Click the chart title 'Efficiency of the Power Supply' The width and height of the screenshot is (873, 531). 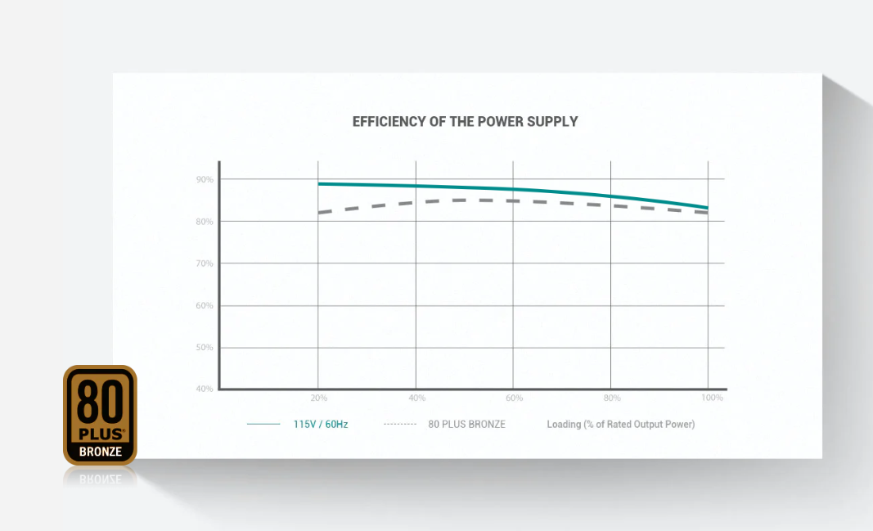coord(465,122)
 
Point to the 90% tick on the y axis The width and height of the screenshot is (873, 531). coord(205,179)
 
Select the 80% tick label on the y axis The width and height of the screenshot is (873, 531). coord(205,222)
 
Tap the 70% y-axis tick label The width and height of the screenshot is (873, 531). coord(205,263)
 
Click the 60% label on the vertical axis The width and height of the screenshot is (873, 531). coord(205,306)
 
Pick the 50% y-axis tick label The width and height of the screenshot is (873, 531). coord(205,348)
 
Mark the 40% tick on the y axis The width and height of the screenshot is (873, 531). coord(205,389)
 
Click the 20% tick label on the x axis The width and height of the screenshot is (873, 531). coord(318,398)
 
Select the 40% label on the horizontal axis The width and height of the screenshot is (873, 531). coord(416,398)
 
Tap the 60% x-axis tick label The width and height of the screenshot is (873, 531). coord(514,398)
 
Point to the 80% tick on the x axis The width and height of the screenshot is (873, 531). coord(612,398)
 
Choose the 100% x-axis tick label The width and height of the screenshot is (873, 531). coord(712,398)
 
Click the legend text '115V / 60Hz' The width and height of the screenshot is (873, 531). coord(320,425)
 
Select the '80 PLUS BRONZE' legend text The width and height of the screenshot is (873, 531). coord(466,425)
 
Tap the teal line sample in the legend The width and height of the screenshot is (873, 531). coord(263,425)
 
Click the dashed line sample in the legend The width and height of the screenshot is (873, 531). coord(399,425)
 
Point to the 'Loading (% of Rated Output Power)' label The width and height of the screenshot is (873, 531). coord(620,425)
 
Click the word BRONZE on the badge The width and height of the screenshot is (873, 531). coord(100,452)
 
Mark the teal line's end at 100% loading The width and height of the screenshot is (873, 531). coord(707,208)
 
